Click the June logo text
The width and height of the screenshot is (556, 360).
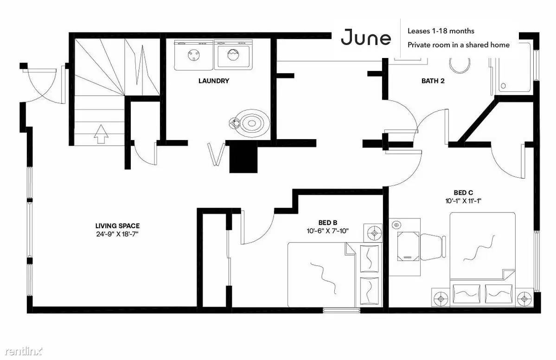(x=366, y=38)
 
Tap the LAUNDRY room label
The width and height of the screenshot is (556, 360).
(x=213, y=81)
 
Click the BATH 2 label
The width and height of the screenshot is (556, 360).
(x=433, y=81)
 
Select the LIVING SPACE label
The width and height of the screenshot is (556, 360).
(x=117, y=225)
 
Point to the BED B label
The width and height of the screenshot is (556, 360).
(x=328, y=223)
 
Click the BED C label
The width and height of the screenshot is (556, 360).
(x=463, y=193)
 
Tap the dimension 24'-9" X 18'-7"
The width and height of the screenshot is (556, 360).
(x=117, y=234)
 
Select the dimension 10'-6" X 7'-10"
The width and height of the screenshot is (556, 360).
(x=328, y=231)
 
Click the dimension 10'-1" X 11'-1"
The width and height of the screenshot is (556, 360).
(x=463, y=201)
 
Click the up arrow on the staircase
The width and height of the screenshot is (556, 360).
(x=101, y=134)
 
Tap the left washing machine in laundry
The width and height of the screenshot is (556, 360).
(x=194, y=55)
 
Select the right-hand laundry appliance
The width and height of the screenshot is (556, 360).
(x=234, y=55)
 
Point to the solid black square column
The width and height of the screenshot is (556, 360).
(x=243, y=157)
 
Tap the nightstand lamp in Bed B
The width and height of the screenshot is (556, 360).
(x=373, y=233)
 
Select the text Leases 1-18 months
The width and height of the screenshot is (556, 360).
(x=441, y=31)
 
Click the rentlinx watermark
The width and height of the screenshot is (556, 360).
(x=24, y=351)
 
